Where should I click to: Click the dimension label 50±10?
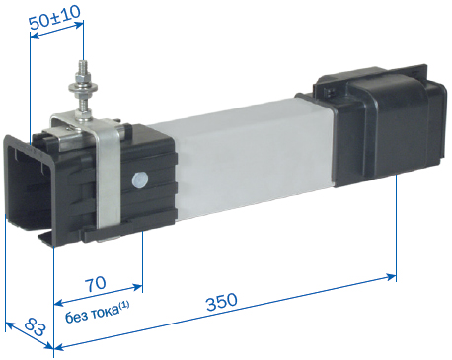coord(55,17)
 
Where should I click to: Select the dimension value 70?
coord(96,284)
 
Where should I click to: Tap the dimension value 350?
coord(222,302)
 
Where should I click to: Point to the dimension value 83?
coord(35,326)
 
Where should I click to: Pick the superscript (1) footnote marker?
coord(124,305)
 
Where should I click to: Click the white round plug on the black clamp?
coord(140,180)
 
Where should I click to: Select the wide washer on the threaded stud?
coord(83,88)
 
